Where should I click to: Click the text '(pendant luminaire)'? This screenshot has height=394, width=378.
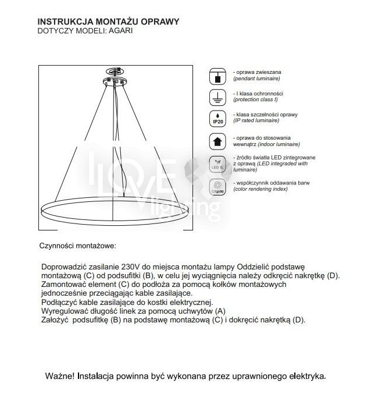click(x=257, y=78)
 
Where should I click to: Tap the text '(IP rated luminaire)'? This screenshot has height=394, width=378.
click(x=259, y=122)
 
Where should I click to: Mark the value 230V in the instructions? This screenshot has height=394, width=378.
click(x=131, y=267)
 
